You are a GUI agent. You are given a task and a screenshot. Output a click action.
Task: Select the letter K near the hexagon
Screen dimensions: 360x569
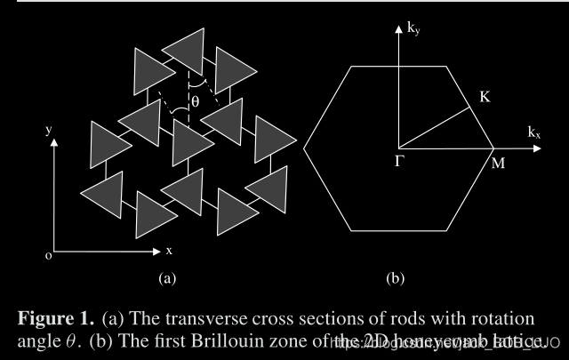tap(485, 96)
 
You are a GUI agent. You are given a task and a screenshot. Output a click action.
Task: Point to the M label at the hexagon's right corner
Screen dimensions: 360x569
tap(498, 165)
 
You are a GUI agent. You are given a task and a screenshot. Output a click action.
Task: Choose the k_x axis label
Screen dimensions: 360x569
tap(534, 132)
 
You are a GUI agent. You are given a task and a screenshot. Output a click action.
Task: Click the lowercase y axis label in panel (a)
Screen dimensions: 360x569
tap(48, 130)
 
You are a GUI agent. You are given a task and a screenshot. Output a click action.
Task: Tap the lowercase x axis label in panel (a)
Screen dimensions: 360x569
tap(169, 251)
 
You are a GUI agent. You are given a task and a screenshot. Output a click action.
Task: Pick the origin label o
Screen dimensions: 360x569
tap(48, 256)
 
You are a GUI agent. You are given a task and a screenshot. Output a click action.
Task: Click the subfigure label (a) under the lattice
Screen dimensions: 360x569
tap(167, 278)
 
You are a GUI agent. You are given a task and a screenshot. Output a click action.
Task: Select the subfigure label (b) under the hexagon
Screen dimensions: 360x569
tap(396, 278)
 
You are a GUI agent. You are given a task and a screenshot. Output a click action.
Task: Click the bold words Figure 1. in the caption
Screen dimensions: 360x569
tap(54, 317)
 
